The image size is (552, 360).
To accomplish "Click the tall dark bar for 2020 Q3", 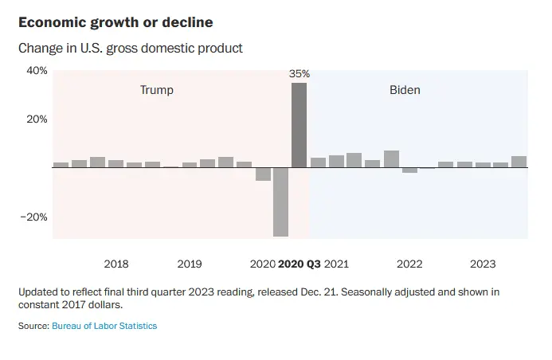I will (299, 125).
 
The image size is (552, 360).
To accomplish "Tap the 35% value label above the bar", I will (299, 74).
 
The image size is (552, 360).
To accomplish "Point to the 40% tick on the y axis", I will (37, 71).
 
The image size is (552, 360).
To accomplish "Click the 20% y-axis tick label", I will (37, 119).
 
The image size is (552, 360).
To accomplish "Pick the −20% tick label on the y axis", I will (35, 217).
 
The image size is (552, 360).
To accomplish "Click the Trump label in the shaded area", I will (156, 90).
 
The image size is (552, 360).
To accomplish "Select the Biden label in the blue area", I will (405, 90).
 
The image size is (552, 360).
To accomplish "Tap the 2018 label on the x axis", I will (116, 264).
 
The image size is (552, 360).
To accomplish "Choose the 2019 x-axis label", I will (190, 264).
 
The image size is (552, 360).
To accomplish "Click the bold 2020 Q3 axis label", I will (299, 264).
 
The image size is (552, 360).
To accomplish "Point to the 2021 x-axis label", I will (336, 264).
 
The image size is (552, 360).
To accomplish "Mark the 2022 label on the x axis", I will (409, 264).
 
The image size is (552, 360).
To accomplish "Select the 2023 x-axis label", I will (483, 264).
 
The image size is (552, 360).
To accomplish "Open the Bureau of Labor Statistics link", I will (104, 326).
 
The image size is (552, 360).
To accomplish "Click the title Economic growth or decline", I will (115, 22).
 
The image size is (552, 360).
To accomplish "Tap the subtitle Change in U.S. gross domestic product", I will (131, 48).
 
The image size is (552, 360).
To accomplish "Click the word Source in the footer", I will (33, 326).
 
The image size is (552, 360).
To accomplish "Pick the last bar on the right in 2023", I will (519, 162).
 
